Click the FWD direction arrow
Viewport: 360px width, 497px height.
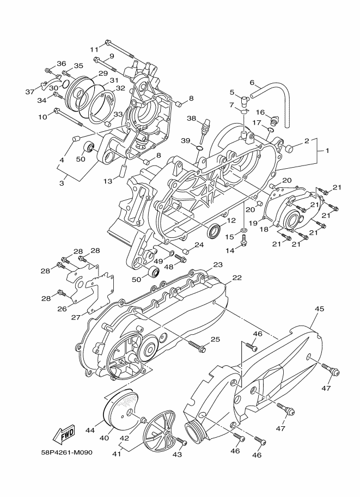(64, 434)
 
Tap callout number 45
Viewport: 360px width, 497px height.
(320, 309)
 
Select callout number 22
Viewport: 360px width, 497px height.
(237, 278)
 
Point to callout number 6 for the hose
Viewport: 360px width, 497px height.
(252, 83)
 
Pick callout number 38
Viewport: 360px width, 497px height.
(191, 118)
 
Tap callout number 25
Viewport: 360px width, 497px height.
(215, 340)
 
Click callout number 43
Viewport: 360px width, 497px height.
(177, 454)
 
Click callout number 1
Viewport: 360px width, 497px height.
(328, 150)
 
